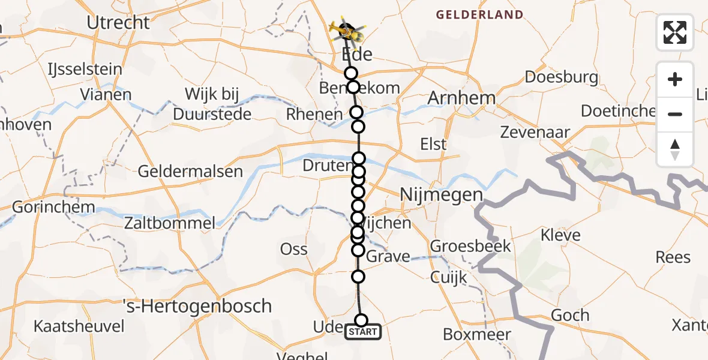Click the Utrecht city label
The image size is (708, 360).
[118, 23]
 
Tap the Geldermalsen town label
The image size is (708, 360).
[190, 172]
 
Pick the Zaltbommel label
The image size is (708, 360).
[169, 224]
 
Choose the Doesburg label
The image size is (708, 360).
[561, 77]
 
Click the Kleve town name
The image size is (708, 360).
[560, 234]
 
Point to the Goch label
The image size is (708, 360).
[569, 315]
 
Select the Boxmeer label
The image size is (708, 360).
[476, 335]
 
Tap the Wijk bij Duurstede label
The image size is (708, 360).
[212, 104]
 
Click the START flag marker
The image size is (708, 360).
[362, 332]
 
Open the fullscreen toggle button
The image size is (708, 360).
[675, 32]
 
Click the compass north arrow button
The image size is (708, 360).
[675, 149]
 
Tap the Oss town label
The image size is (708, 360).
[294, 249]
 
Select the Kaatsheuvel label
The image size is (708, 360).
[79, 326]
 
